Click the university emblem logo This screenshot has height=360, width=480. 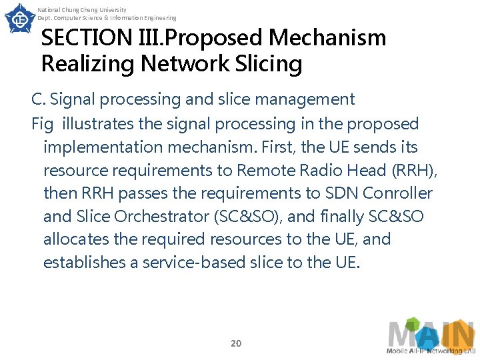point(19,19)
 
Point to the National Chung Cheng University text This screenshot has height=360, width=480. point(82,9)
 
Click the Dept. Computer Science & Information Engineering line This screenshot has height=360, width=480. point(107,18)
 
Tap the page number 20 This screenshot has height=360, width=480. point(235,343)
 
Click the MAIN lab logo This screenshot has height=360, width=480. point(431,337)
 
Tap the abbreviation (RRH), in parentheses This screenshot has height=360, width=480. point(413,170)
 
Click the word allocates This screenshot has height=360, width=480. point(74,239)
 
